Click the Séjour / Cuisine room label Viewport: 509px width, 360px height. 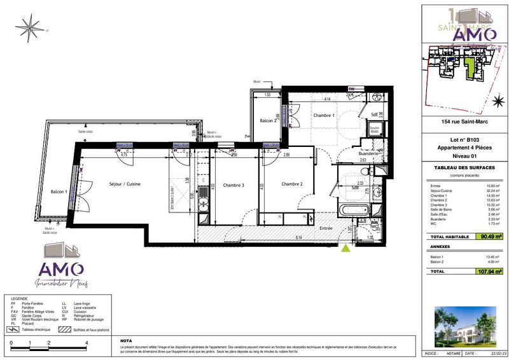(124, 184)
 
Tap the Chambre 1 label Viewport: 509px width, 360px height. (323, 115)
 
